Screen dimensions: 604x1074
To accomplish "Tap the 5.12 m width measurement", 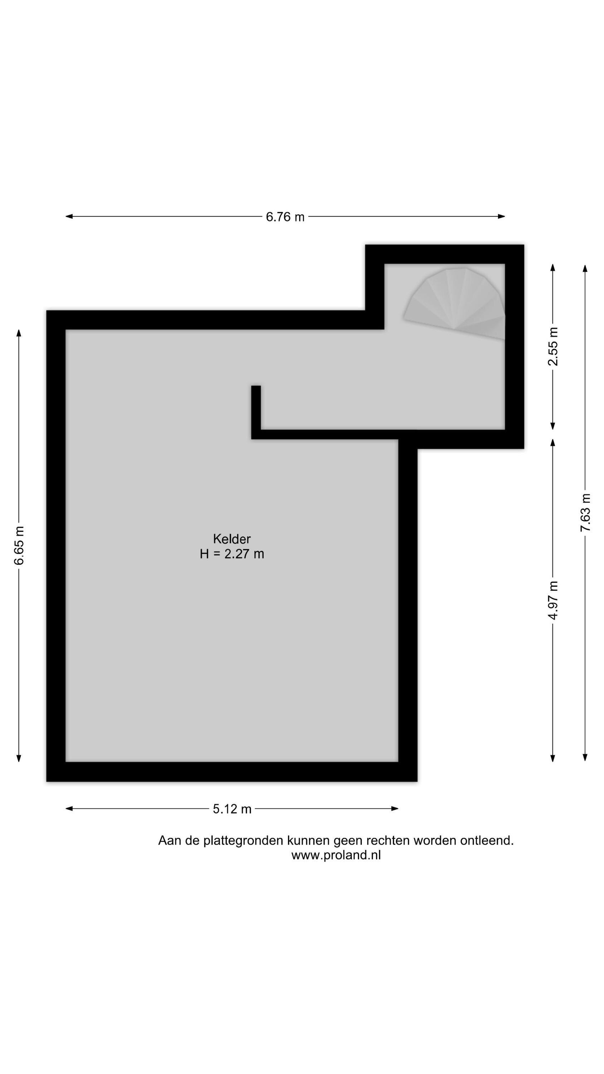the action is click(x=232, y=809).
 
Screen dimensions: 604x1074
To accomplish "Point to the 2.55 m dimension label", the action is click(x=553, y=347).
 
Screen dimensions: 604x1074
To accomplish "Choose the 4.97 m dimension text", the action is click(x=553, y=600).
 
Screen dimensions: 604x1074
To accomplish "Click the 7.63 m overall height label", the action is click(x=585, y=512).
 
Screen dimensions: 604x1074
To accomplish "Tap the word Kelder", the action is click(x=232, y=539).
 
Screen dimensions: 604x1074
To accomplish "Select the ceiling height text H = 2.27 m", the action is click(x=232, y=554).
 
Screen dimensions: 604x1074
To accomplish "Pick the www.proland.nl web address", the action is click(x=336, y=855).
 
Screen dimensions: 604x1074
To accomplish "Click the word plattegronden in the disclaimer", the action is click(x=243, y=841).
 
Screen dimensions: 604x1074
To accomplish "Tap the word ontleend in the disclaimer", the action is click(x=485, y=841).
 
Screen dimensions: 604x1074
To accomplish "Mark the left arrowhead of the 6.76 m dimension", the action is click(x=69, y=216).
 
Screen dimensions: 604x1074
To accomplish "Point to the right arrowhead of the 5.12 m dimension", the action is click(x=395, y=809).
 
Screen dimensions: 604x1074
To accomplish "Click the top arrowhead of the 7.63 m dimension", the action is click(x=585, y=268).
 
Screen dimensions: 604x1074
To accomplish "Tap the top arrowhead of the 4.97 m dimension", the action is click(x=553, y=443).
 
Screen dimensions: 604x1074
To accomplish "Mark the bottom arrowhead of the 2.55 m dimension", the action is click(x=553, y=426).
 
